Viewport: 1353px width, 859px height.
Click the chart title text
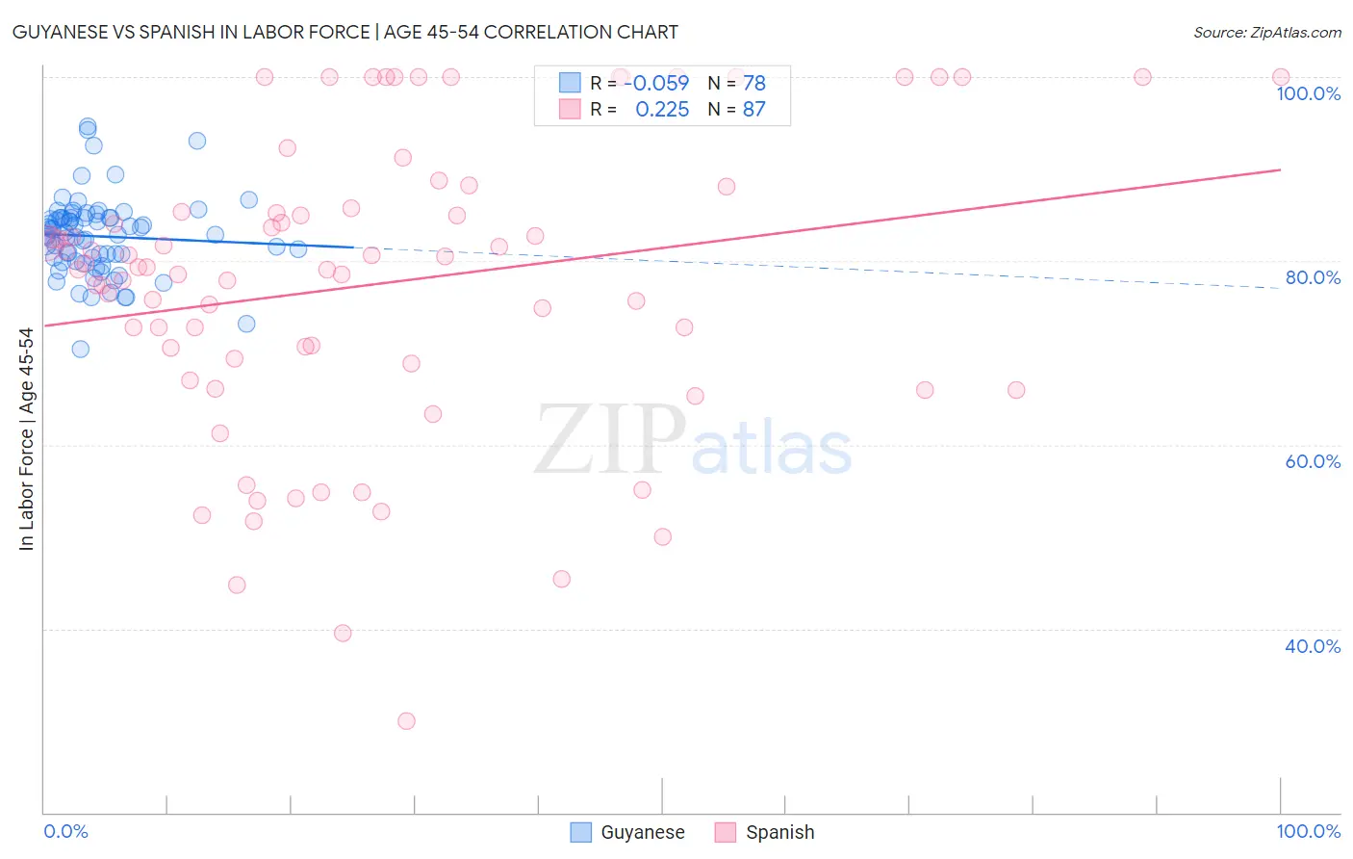345,32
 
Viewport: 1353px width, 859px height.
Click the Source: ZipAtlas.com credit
1266,32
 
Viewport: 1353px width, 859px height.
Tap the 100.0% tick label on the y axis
1308,93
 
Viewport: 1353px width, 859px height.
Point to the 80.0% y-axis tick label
1313,277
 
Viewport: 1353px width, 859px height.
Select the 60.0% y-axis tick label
1313,461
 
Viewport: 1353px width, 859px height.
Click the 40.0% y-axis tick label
1313,646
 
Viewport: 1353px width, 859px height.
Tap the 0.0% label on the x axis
65,831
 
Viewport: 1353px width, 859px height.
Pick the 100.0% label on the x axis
1308,831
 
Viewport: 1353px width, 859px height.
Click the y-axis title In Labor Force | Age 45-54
26,439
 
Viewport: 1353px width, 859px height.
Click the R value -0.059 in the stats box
660,83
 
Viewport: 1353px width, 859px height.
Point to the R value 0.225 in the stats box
662,110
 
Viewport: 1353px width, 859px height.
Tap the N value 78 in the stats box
753,83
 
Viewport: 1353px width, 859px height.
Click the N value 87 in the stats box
753,110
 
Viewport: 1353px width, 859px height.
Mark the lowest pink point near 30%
406,721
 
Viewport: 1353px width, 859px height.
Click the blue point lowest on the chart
81,349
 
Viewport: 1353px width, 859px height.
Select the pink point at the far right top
1280,77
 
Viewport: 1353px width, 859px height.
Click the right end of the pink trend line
1280,169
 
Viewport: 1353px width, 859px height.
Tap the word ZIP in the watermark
610,440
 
